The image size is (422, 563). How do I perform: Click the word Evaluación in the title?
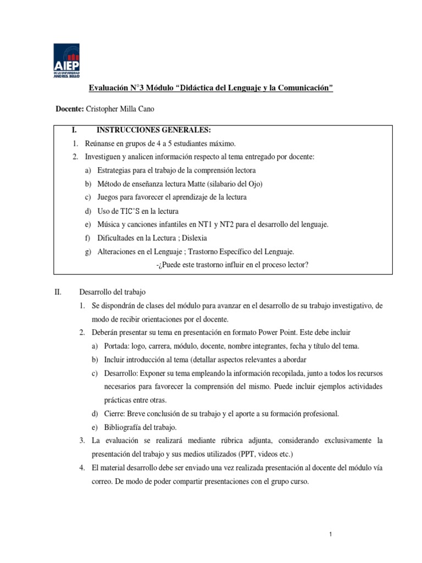(x=108, y=89)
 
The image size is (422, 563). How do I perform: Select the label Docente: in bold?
(x=70, y=109)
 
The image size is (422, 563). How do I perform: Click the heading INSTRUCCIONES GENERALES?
(x=153, y=130)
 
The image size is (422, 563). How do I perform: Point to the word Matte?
(x=217, y=183)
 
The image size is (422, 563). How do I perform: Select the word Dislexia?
(x=195, y=238)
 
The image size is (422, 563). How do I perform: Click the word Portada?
(x=117, y=346)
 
